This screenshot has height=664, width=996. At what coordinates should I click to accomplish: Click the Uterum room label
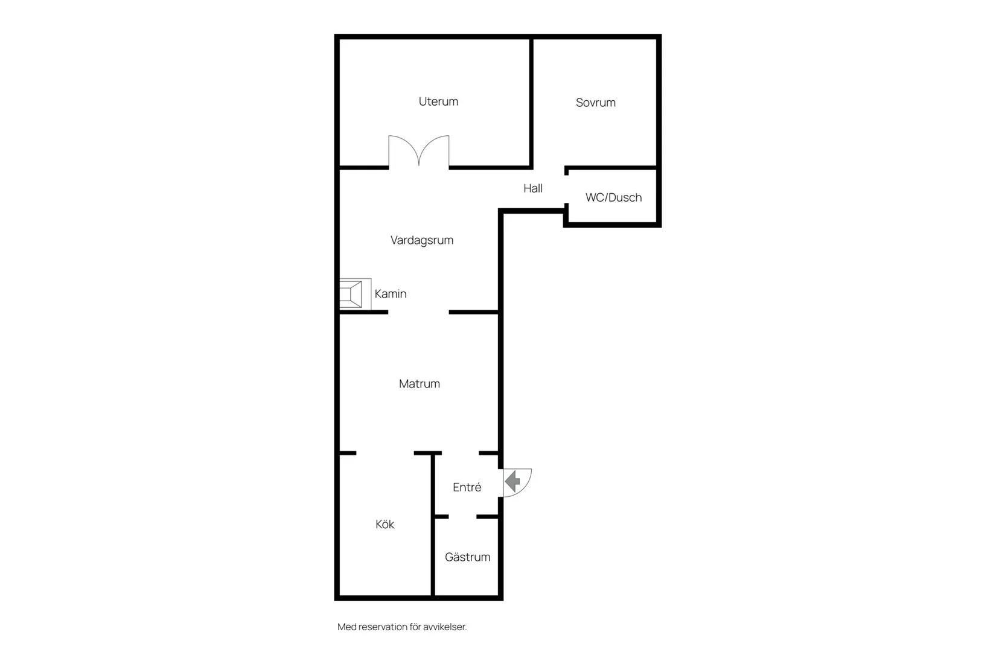click(438, 101)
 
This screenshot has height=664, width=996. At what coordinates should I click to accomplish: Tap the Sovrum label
click(595, 103)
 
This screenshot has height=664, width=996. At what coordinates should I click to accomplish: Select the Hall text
click(532, 188)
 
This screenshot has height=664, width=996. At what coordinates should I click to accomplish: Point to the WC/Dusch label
click(614, 197)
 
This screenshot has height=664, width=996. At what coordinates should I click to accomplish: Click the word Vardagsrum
click(421, 241)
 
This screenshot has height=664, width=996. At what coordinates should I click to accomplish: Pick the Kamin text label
click(391, 294)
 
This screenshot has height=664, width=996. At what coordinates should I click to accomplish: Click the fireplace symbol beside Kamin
click(356, 294)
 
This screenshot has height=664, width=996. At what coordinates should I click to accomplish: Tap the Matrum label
click(420, 384)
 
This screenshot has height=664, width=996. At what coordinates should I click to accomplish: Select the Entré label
click(467, 487)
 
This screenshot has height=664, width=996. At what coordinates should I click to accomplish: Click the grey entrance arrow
click(512, 481)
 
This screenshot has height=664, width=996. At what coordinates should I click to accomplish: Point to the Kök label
click(385, 525)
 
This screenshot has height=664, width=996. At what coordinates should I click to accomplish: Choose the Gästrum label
click(467, 557)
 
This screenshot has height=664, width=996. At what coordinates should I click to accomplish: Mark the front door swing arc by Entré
click(525, 489)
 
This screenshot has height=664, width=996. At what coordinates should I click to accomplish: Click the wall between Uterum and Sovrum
click(531, 103)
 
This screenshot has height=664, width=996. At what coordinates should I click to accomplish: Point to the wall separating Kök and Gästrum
click(432, 525)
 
